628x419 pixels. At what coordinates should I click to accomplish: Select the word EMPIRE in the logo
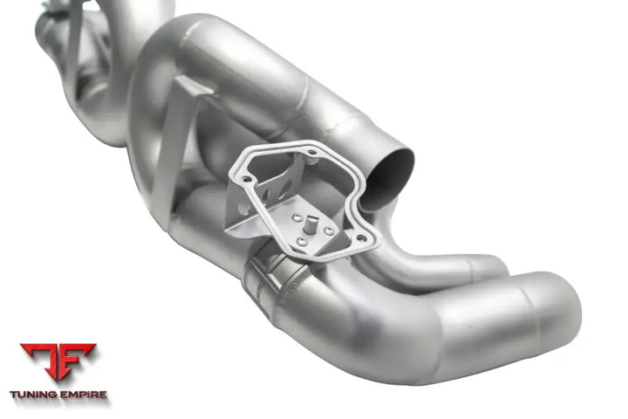pos(83,395)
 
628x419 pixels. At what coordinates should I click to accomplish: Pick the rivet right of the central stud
pos(329,230)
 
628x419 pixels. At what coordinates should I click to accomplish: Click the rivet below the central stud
pos(302,242)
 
